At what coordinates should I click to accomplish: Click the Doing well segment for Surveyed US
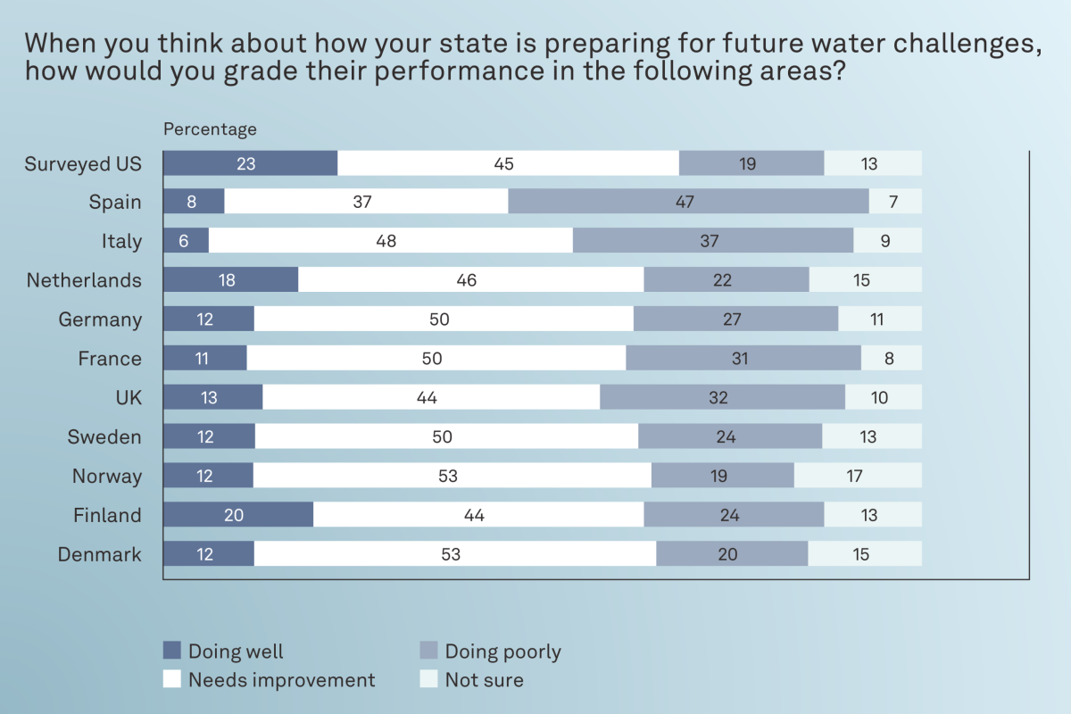click(x=250, y=163)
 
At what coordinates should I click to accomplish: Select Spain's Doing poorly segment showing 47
click(x=688, y=202)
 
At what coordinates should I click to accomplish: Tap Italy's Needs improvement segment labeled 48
click(x=390, y=241)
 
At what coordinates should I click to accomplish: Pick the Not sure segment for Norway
click(x=857, y=476)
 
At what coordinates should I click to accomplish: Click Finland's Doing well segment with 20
click(x=238, y=515)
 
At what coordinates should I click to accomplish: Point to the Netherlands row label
click(x=84, y=280)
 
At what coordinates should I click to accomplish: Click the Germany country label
click(x=100, y=320)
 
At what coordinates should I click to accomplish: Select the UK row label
click(x=129, y=397)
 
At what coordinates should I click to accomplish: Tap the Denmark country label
click(x=100, y=554)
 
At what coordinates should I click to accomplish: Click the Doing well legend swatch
click(x=172, y=651)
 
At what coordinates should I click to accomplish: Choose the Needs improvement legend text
click(x=281, y=680)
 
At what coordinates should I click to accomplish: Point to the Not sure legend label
click(x=484, y=680)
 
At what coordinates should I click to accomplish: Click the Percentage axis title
click(x=210, y=129)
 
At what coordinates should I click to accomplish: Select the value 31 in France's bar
click(x=739, y=359)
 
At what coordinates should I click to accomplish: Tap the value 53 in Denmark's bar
click(x=451, y=554)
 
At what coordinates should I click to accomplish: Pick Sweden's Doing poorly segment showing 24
click(x=729, y=436)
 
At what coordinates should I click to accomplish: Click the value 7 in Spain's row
click(x=893, y=202)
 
